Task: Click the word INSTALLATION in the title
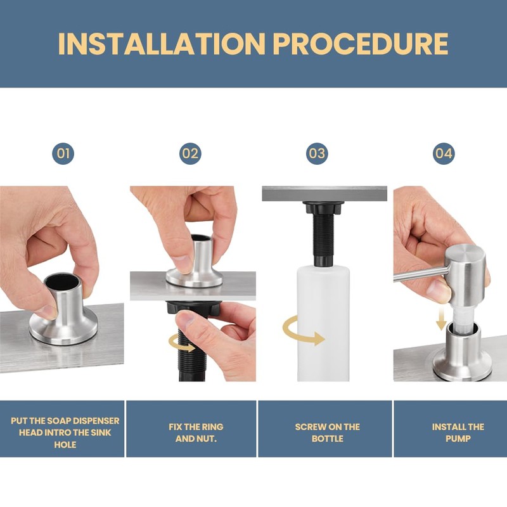162,44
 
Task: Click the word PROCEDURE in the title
361,44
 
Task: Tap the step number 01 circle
63,153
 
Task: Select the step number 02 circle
190,153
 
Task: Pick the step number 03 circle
317,153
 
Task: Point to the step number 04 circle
444,153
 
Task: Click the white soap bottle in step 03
323,323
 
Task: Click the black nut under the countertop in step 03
322,207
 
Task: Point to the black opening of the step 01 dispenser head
61,282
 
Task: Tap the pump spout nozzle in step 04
419,275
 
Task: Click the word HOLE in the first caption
65,445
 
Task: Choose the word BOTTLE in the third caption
327,439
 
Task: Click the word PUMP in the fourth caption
458,439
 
